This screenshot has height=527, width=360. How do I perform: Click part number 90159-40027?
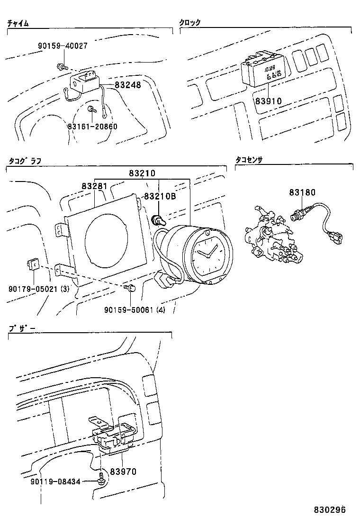[x=63, y=46]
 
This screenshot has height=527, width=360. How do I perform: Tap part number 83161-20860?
[x=92, y=127]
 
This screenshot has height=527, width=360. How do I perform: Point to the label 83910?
[x=268, y=100]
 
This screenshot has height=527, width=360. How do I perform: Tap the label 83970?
[x=123, y=472]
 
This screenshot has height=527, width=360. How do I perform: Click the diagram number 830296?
[x=330, y=510]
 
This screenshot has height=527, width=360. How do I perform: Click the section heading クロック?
[x=189, y=23]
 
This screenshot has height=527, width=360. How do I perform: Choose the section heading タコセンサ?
[x=249, y=161]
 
